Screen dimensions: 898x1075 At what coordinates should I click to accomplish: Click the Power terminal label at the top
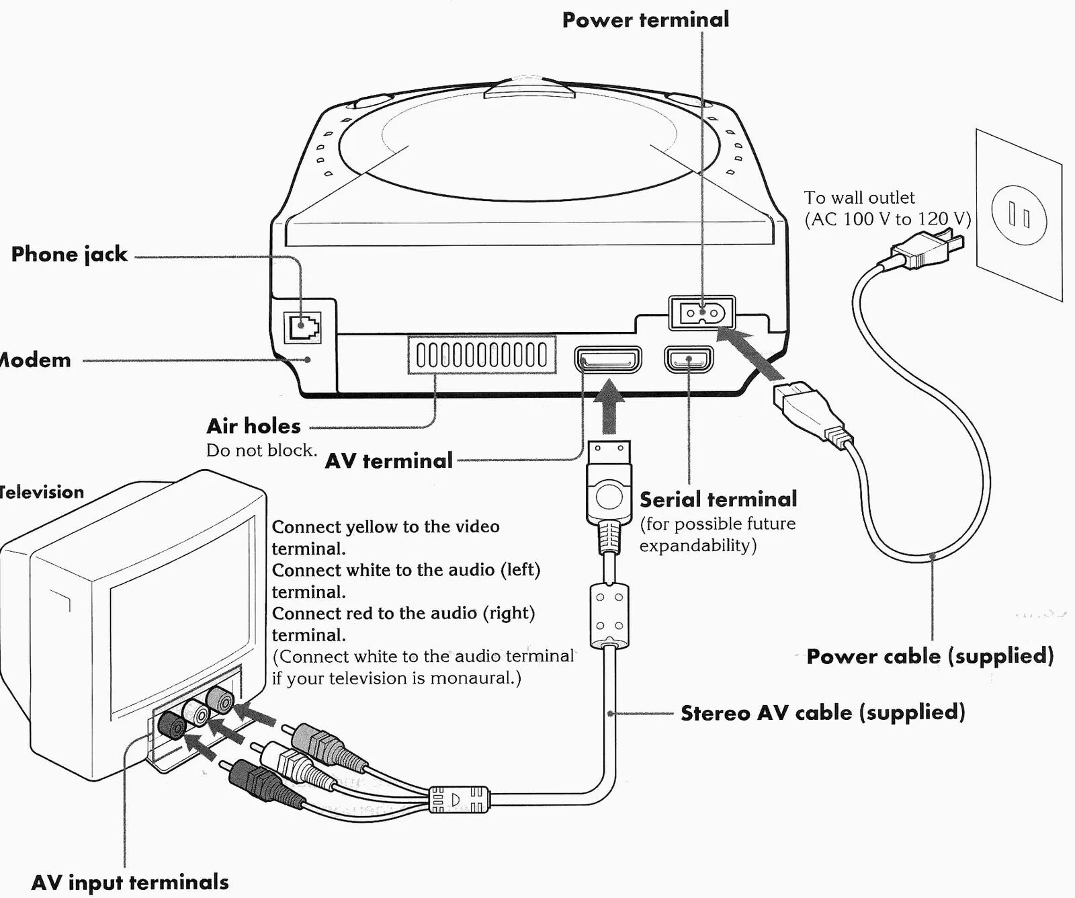[x=645, y=20]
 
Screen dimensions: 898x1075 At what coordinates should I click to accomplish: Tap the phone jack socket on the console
[x=302, y=327]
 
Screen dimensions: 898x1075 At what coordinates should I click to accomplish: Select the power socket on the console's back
[x=701, y=313]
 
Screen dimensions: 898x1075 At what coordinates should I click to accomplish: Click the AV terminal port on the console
[x=608, y=360]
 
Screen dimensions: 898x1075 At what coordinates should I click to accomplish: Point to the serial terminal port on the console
[x=689, y=360]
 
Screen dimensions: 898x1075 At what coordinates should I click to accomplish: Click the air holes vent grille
[x=482, y=355]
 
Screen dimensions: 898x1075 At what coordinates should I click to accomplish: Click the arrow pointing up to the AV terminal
[x=609, y=407]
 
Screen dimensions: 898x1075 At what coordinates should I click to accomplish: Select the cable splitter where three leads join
[x=458, y=799]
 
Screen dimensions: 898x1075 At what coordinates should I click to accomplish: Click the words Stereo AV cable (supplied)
[x=822, y=712]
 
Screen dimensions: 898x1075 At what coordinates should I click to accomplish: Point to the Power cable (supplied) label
[x=930, y=656]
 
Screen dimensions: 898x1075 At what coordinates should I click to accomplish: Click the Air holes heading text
[x=253, y=426]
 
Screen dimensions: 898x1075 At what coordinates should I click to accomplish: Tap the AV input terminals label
[x=130, y=882]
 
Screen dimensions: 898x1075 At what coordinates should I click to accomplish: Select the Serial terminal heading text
[x=718, y=499]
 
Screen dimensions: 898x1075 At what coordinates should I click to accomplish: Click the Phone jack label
[x=69, y=254]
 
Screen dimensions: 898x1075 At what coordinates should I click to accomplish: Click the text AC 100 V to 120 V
[x=887, y=219]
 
